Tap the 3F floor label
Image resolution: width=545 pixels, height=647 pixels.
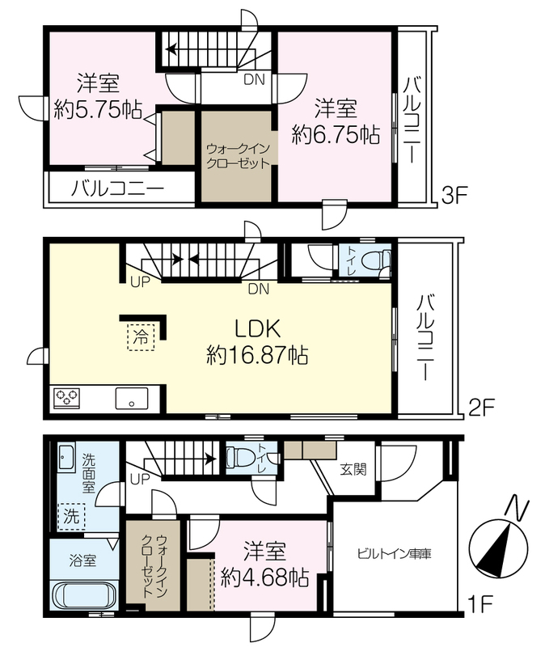(454, 196)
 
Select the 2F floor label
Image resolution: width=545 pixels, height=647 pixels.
(481, 408)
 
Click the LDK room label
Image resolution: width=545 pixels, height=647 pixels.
(257, 329)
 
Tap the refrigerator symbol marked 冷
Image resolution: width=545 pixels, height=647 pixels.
(141, 337)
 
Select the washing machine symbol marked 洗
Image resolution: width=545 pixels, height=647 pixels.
(71, 516)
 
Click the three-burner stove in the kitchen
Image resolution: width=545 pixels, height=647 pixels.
(66, 398)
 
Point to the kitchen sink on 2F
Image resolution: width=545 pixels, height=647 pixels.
(132, 398)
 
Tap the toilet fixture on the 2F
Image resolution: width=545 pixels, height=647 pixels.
(376, 261)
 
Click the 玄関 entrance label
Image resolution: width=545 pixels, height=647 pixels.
(353, 469)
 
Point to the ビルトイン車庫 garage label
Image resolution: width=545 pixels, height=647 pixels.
(394, 553)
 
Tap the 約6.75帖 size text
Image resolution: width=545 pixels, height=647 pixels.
(336, 135)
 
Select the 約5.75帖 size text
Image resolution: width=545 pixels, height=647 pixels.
(98, 110)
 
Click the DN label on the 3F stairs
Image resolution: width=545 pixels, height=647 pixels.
(254, 79)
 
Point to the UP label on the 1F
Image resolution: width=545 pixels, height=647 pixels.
(140, 480)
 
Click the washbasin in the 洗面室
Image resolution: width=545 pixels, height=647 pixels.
(65, 457)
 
